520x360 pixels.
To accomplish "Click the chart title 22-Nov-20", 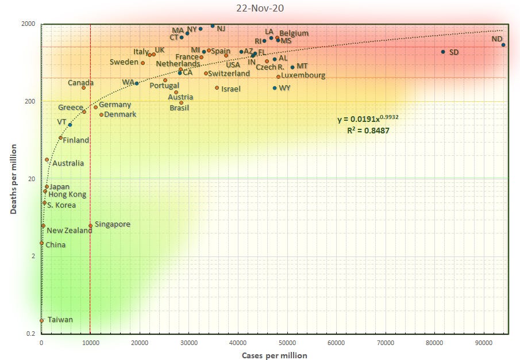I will pyautogui.click(x=260, y=8).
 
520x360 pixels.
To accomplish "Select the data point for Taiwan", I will pyautogui.click(x=41, y=321).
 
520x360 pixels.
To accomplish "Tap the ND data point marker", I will pyautogui.click(x=503, y=45).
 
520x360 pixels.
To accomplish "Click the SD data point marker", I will pyautogui.click(x=443, y=52).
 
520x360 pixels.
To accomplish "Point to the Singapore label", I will pyautogui.click(x=113, y=224).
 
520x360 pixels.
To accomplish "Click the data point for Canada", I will pyautogui.click(x=83, y=87).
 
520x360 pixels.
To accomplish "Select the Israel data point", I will pyautogui.click(x=217, y=88).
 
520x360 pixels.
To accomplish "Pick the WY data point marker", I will pyautogui.click(x=275, y=88).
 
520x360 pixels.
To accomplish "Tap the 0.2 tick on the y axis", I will pyautogui.click(x=31, y=334).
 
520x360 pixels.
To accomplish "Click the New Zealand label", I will pyautogui.click(x=68, y=231).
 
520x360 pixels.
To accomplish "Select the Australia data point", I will pyautogui.click(x=47, y=160).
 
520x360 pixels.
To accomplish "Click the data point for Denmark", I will pyautogui.click(x=101, y=114).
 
